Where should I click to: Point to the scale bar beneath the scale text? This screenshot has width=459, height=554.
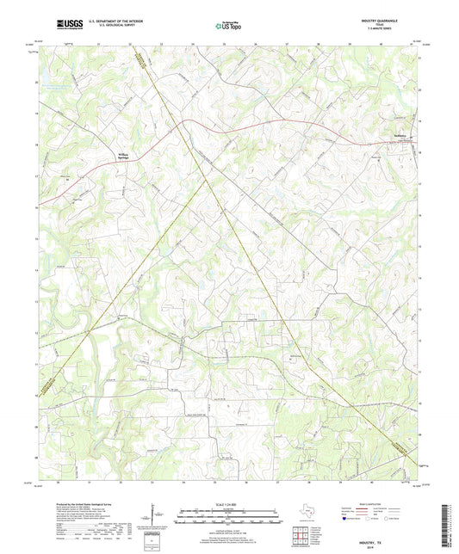[229, 511]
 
